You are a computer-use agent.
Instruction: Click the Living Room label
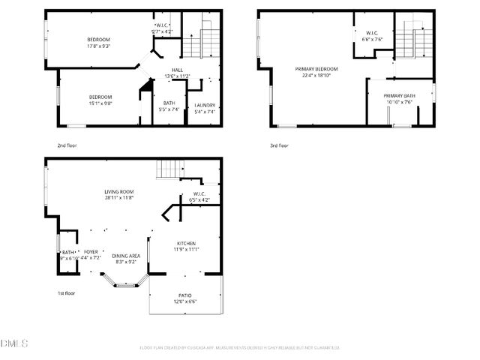[118, 192]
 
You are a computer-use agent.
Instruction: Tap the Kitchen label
[186, 244]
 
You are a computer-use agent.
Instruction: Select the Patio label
[185, 295]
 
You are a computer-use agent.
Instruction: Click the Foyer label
[90, 252]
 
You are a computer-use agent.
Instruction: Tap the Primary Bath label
[399, 96]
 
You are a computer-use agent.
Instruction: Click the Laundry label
[205, 105]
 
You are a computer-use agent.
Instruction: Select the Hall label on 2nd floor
[178, 69]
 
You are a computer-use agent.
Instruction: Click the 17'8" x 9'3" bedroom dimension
[99, 46]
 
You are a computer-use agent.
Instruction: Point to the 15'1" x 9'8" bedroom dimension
[100, 104]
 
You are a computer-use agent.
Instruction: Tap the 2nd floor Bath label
[169, 103]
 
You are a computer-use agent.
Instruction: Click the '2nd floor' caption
[67, 145]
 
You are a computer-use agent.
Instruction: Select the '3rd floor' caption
[279, 145]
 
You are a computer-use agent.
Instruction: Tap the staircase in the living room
[169, 171]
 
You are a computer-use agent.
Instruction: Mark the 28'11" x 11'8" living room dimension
[118, 198]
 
